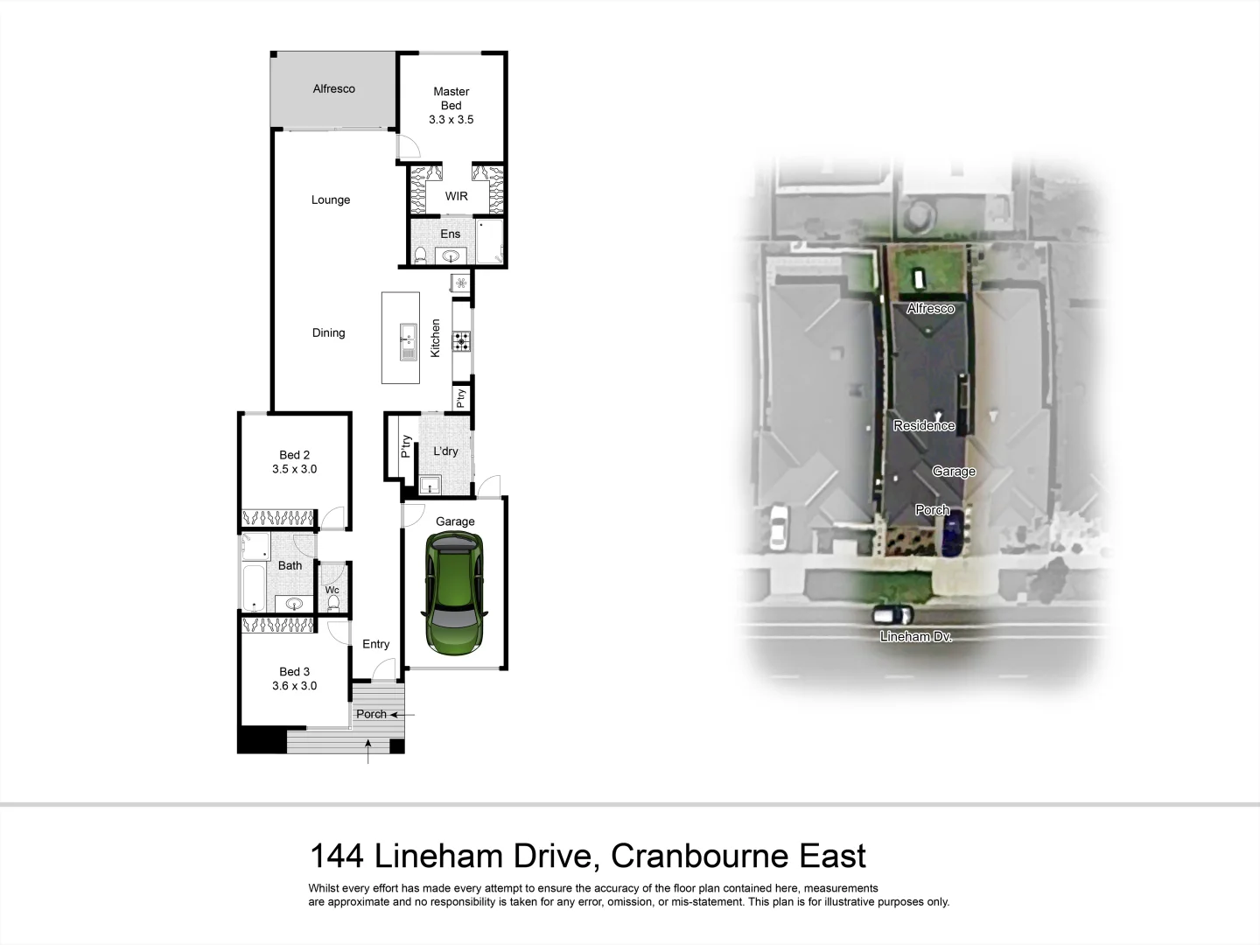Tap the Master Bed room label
(x=451, y=98)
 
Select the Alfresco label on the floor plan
(x=333, y=88)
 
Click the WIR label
(x=456, y=196)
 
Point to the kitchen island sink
(x=408, y=340)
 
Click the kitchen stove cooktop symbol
(x=461, y=341)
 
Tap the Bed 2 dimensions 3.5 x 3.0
(x=294, y=469)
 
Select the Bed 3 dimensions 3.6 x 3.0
(x=294, y=686)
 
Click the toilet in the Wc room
(x=332, y=602)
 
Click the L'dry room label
(x=445, y=451)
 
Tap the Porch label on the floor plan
(x=371, y=714)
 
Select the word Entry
(x=375, y=644)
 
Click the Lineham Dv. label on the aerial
(x=915, y=637)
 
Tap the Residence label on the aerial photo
(x=923, y=425)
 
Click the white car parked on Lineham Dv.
(x=892, y=614)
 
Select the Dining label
(x=328, y=332)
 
